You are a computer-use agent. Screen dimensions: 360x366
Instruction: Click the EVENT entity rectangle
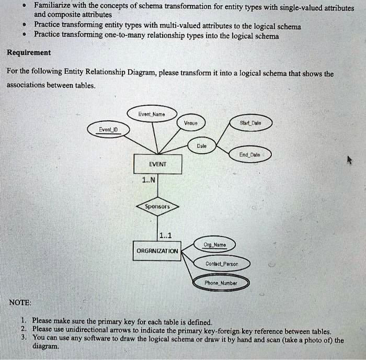click(157, 164)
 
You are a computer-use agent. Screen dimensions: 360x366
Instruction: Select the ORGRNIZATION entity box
click(157, 250)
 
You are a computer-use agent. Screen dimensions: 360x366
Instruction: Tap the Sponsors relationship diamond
click(157, 207)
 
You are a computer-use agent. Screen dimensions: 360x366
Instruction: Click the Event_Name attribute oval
click(152, 114)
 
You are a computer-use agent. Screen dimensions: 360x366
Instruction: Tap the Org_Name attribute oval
click(214, 244)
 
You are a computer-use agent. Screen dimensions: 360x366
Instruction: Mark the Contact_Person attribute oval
click(222, 264)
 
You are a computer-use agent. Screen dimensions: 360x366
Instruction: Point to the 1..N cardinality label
click(148, 181)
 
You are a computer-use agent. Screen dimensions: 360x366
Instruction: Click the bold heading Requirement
click(29, 52)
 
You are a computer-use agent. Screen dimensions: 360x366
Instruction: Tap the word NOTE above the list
click(20, 302)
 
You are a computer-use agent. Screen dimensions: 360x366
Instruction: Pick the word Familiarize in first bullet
click(56, 6)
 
